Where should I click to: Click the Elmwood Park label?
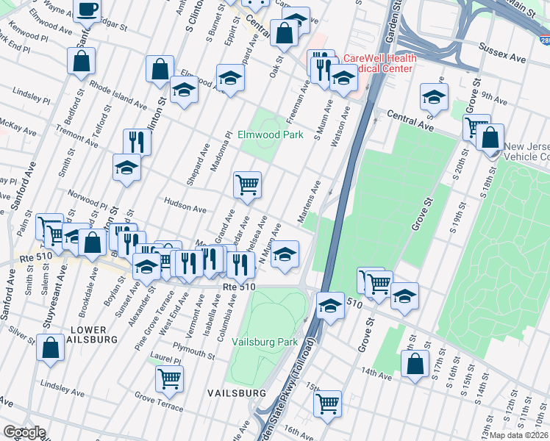pos(270,135)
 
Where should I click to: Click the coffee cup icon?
pos(87,10)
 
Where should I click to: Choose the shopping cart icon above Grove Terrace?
pos(170,379)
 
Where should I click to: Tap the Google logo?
pos(24,432)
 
